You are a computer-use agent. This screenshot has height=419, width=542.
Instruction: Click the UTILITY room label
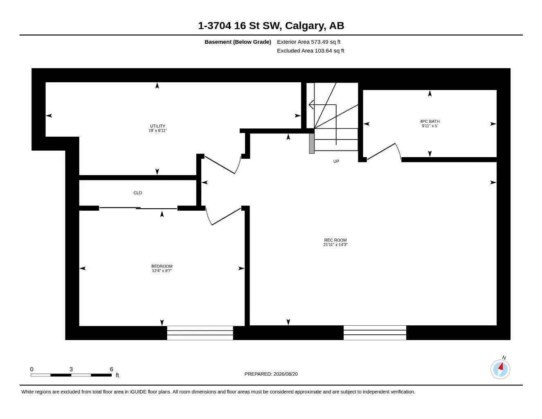point(157,126)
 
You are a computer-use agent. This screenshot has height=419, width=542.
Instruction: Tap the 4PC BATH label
point(430,122)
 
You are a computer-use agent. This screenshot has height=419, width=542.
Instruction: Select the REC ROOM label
point(335,240)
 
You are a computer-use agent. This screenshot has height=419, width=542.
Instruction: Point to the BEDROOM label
point(162,266)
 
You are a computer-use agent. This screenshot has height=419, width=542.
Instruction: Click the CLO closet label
point(137,193)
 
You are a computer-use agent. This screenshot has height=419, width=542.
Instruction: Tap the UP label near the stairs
point(336,161)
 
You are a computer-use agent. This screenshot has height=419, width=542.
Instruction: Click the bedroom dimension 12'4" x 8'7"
point(162,270)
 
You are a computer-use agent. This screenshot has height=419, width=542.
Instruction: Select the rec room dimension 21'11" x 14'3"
point(335,245)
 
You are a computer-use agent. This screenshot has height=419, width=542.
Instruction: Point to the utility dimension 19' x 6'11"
point(157,131)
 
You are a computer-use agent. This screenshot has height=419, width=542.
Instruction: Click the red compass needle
point(501,367)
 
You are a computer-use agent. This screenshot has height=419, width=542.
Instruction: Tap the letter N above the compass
point(504,358)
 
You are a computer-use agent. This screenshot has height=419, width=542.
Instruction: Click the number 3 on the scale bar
point(71,369)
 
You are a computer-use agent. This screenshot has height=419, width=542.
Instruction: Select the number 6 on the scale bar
point(112,369)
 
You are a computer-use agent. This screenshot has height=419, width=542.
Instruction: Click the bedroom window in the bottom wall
point(200,333)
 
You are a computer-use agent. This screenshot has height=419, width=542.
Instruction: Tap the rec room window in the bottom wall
point(375,333)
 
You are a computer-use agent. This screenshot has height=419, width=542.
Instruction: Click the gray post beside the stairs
point(312,143)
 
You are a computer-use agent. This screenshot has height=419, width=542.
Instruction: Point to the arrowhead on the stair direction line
point(311,104)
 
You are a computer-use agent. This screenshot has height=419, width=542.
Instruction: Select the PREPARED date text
point(271,374)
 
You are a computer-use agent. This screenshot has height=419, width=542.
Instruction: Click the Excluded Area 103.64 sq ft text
point(310,51)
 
